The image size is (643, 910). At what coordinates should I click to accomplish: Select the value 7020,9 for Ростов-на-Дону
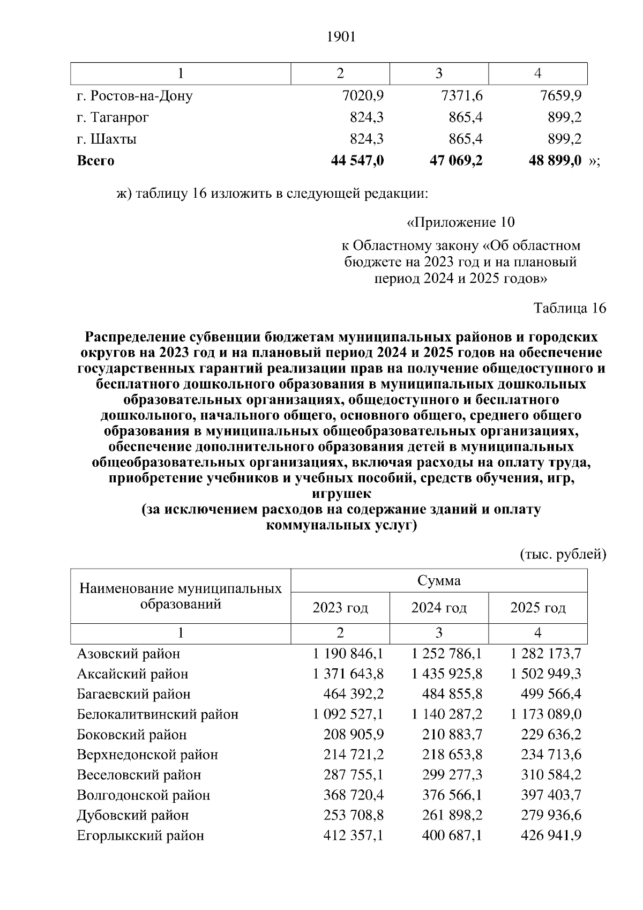363,96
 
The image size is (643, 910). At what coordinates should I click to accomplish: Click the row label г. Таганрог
113,117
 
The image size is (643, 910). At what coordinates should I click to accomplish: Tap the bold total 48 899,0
555,160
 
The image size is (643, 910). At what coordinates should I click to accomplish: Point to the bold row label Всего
95,160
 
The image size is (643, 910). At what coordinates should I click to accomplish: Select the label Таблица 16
570,308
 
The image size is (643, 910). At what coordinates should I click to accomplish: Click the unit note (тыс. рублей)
563,555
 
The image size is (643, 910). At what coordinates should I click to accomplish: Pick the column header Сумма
439,581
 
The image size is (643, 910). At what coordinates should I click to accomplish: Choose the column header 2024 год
439,608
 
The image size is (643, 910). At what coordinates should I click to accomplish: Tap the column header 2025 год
538,608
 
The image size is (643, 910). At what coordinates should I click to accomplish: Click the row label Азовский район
129,654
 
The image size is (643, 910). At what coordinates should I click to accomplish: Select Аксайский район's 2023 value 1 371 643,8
348,674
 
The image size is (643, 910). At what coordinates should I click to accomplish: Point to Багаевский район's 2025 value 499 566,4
551,694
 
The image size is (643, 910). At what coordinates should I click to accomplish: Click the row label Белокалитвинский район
158,714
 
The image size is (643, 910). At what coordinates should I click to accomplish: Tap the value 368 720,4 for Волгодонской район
354,795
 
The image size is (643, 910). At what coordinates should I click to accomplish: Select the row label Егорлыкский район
140,836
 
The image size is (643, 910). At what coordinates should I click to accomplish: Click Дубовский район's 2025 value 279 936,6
551,815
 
